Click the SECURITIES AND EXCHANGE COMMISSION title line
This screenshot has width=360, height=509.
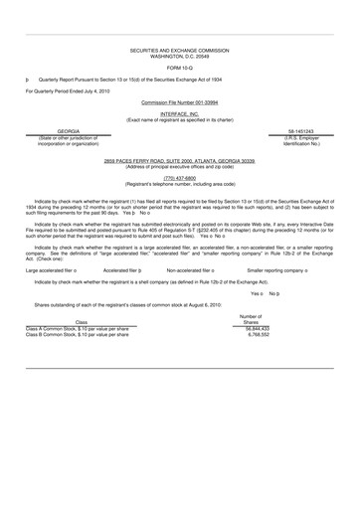pos(179,48)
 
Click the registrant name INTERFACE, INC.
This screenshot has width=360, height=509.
pos(179,114)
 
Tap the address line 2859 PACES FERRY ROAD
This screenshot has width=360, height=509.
pos(179,160)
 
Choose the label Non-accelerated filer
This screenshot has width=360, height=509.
pos(193,270)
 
